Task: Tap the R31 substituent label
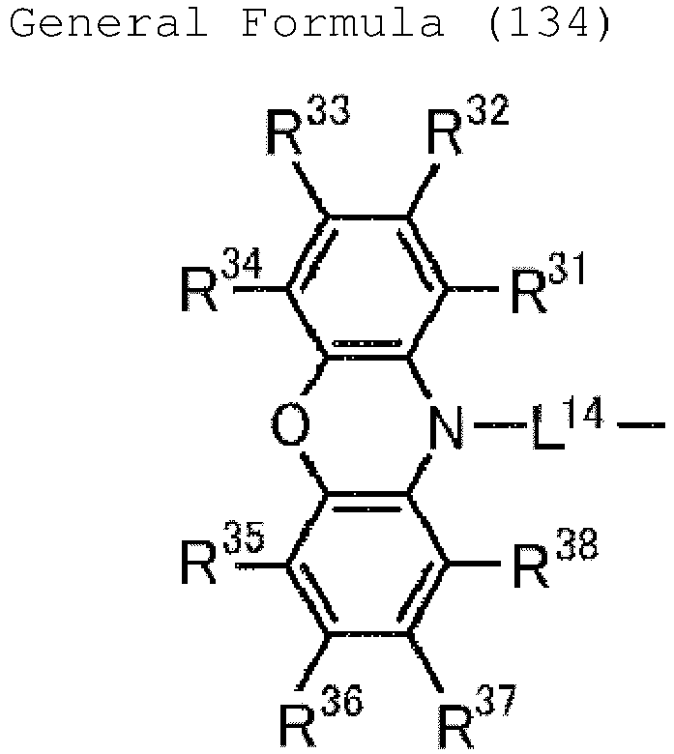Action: pyautogui.click(x=547, y=283)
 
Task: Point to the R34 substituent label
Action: pyautogui.click(x=221, y=280)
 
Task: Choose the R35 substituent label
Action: pyautogui.click(x=222, y=553)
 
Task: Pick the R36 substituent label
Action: pyautogui.click(x=321, y=716)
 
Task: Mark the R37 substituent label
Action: pyautogui.click(x=478, y=717)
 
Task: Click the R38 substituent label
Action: pyautogui.click(x=555, y=558)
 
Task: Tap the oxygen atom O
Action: pyautogui.click(x=290, y=425)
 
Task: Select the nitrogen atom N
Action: pyautogui.click(x=446, y=426)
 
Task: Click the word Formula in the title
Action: pyautogui.click(x=342, y=22)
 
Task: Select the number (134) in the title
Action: pyautogui.click(x=549, y=23)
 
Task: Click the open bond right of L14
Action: pyautogui.click(x=641, y=425)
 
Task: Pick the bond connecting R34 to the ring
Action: pyautogui.click(x=260, y=289)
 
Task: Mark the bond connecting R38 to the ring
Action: pyautogui.click(x=475, y=563)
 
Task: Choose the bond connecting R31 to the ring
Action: pyautogui.click(x=474, y=289)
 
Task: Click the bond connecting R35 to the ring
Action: pyautogui.click(x=262, y=565)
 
